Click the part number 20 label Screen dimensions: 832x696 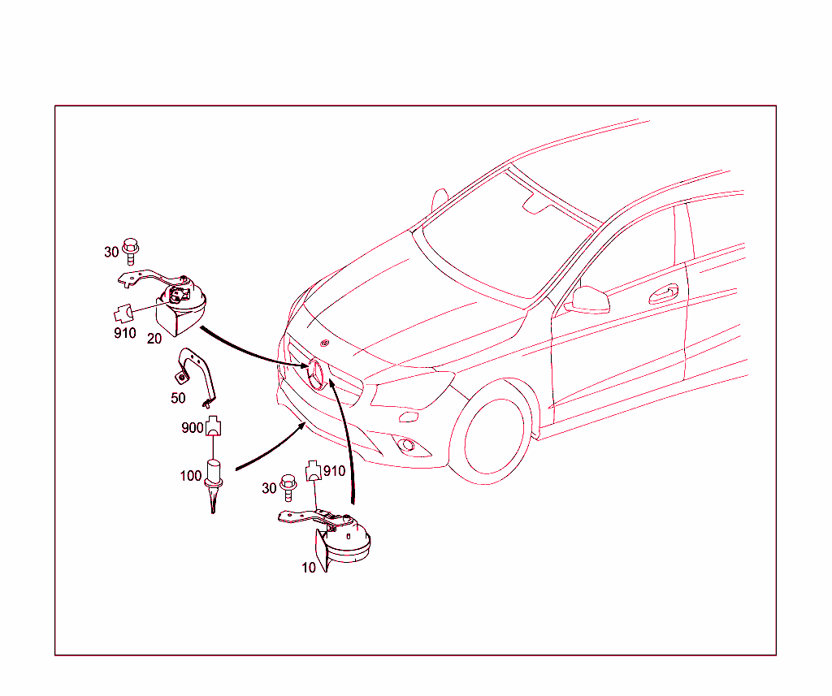(x=154, y=339)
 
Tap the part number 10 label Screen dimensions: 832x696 (x=309, y=568)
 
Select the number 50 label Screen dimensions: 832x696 (x=178, y=398)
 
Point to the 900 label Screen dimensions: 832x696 (x=192, y=427)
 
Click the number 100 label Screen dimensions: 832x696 (x=191, y=476)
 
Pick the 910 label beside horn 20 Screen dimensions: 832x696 (x=125, y=333)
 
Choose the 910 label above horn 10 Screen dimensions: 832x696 (x=334, y=471)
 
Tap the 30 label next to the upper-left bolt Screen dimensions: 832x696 (x=111, y=252)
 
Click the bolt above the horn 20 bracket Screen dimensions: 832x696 (x=131, y=251)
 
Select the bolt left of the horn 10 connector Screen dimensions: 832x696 (x=288, y=487)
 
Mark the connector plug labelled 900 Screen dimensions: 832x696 (x=213, y=426)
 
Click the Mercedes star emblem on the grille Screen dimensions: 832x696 (x=316, y=374)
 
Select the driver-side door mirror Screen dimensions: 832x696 (x=588, y=300)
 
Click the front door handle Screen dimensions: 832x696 (x=664, y=294)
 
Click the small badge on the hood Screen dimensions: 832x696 (x=325, y=343)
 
